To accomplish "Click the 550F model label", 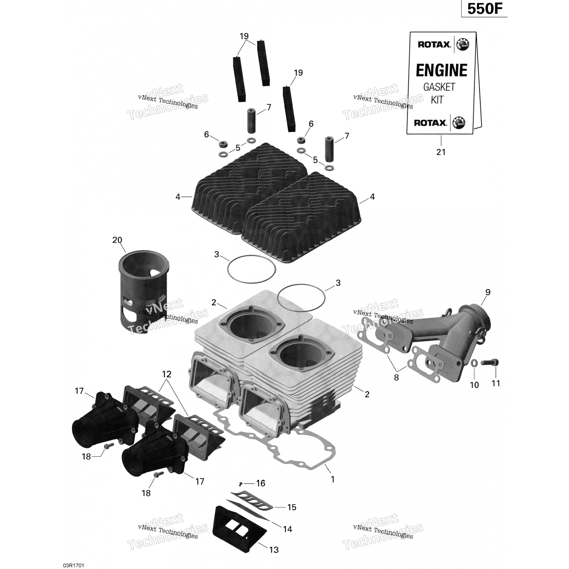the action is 484,9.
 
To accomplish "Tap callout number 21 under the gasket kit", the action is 441,152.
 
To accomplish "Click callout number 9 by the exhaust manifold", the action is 488,292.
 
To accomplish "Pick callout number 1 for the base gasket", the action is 333,479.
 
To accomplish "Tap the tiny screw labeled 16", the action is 240,484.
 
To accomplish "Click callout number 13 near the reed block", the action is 274,550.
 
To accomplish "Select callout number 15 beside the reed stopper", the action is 292,507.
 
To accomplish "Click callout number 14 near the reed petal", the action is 288,529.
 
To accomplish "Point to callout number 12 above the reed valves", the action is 167,374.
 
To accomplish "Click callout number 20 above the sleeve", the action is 117,240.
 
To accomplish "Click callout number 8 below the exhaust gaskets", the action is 396,377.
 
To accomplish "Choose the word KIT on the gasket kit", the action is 437,100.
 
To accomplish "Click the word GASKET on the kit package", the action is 439,87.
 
